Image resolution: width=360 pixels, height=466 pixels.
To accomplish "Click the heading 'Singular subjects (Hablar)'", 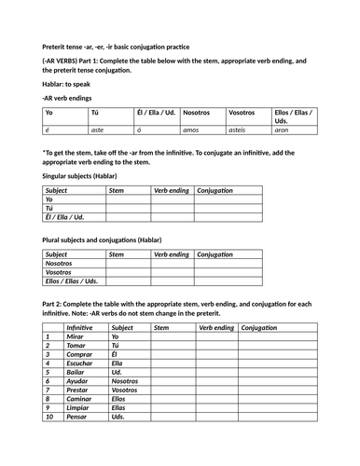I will click(85, 175).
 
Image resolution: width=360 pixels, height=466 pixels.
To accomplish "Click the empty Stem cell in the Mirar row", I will click(172, 337).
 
